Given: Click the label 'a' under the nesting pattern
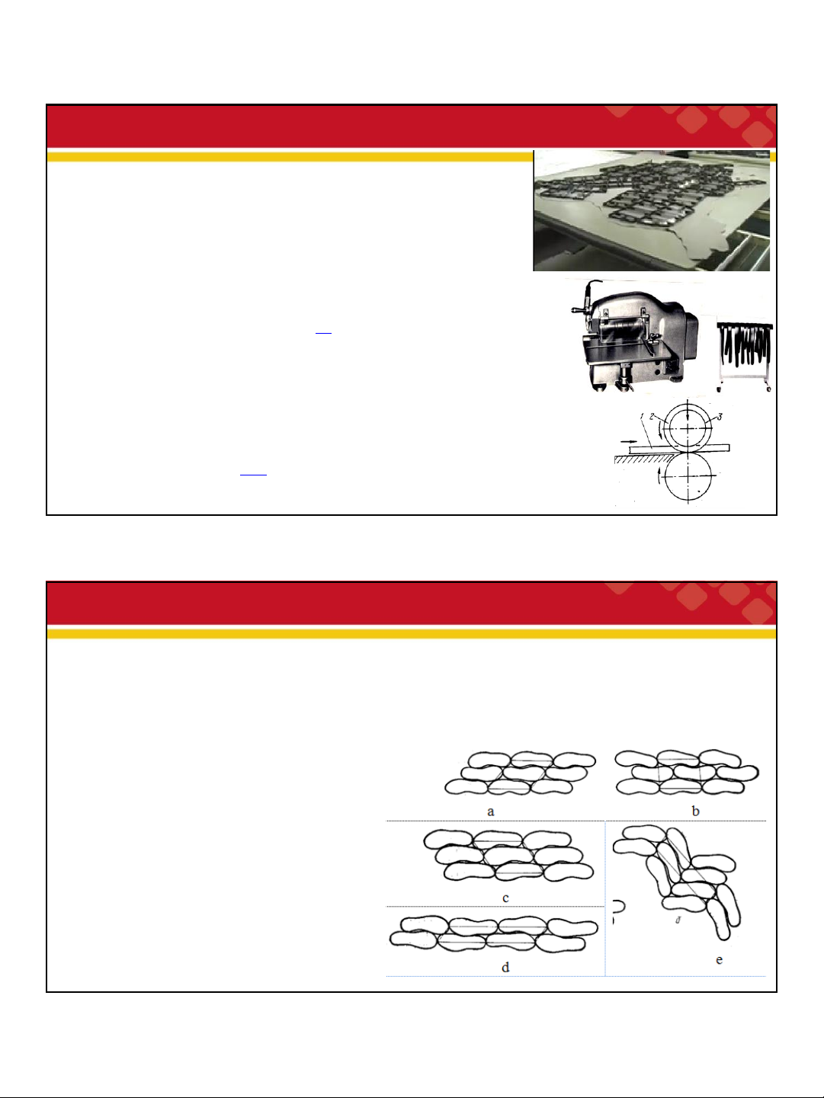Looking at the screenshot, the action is tap(490, 811).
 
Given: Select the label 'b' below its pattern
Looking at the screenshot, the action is tap(695, 811).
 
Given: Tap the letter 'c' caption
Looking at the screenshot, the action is tap(505, 898).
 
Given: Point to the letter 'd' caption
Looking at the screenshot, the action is tap(505, 967).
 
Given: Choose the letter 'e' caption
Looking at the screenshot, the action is tap(719, 959).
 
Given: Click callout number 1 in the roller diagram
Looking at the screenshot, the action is tap(641, 415).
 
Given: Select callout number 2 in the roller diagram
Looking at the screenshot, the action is tap(652, 416).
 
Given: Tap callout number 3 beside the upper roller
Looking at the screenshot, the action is tap(720, 417).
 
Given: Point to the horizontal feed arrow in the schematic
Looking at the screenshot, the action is tap(628, 442).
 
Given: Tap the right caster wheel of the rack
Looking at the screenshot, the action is tap(769, 389).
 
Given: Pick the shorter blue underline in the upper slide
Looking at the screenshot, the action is tap(323, 333).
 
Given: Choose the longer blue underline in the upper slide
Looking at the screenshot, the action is tap(253, 474).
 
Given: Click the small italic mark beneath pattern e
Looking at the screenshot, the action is tap(678, 920).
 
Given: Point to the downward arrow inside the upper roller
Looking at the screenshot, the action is tap(688, 411).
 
